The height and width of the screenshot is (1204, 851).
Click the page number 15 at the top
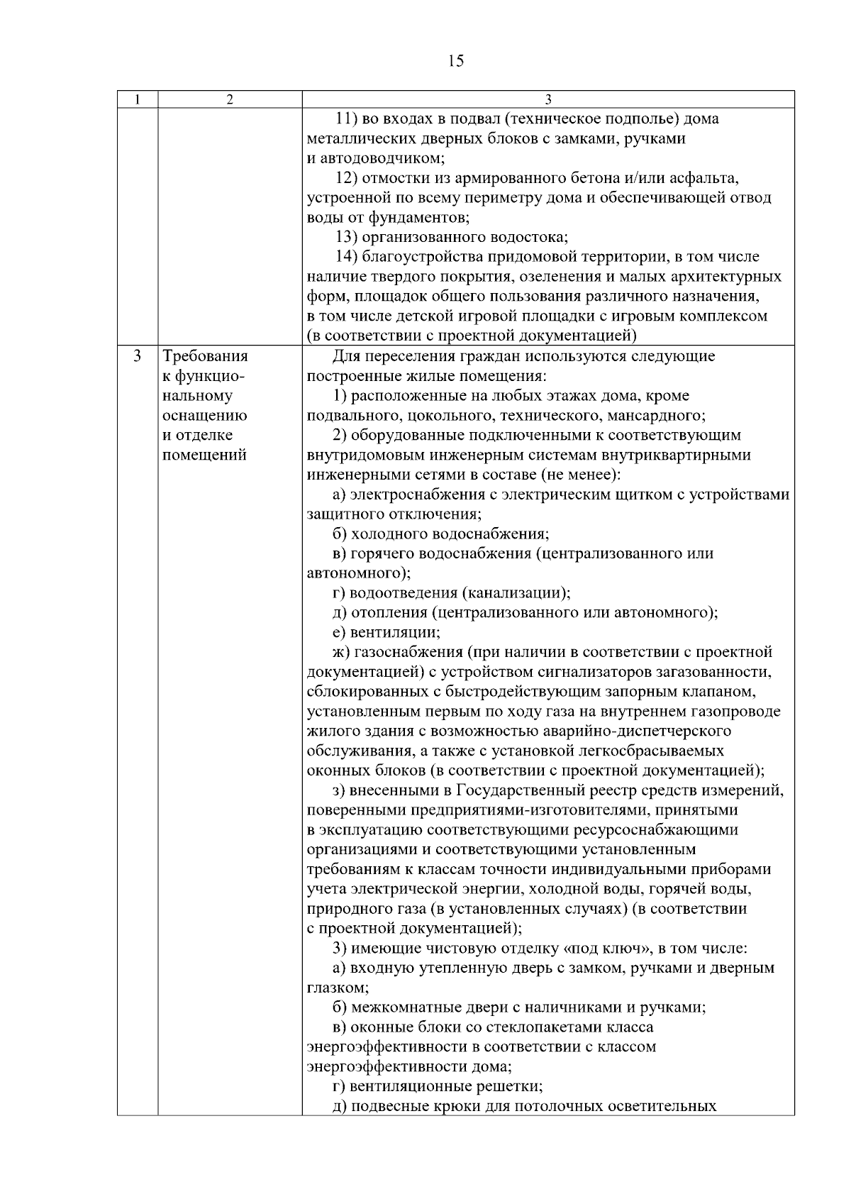pos(456,61)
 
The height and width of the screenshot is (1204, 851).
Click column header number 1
pos(137,99)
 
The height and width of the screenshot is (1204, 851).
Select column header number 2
pos(229,99)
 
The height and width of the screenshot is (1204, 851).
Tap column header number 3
pos(547,99)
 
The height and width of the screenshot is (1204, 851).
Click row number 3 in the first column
pos(137,355)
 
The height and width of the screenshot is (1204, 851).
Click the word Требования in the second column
pos(206,355)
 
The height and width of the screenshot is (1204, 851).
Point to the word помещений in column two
pos(205,455)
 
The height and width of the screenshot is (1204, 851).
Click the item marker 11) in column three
pos(347,118)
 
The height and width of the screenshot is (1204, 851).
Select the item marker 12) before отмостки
pos(347,177)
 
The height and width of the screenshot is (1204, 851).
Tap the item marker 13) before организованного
pos(347,237)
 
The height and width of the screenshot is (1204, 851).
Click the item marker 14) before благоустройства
pos(347,257)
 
